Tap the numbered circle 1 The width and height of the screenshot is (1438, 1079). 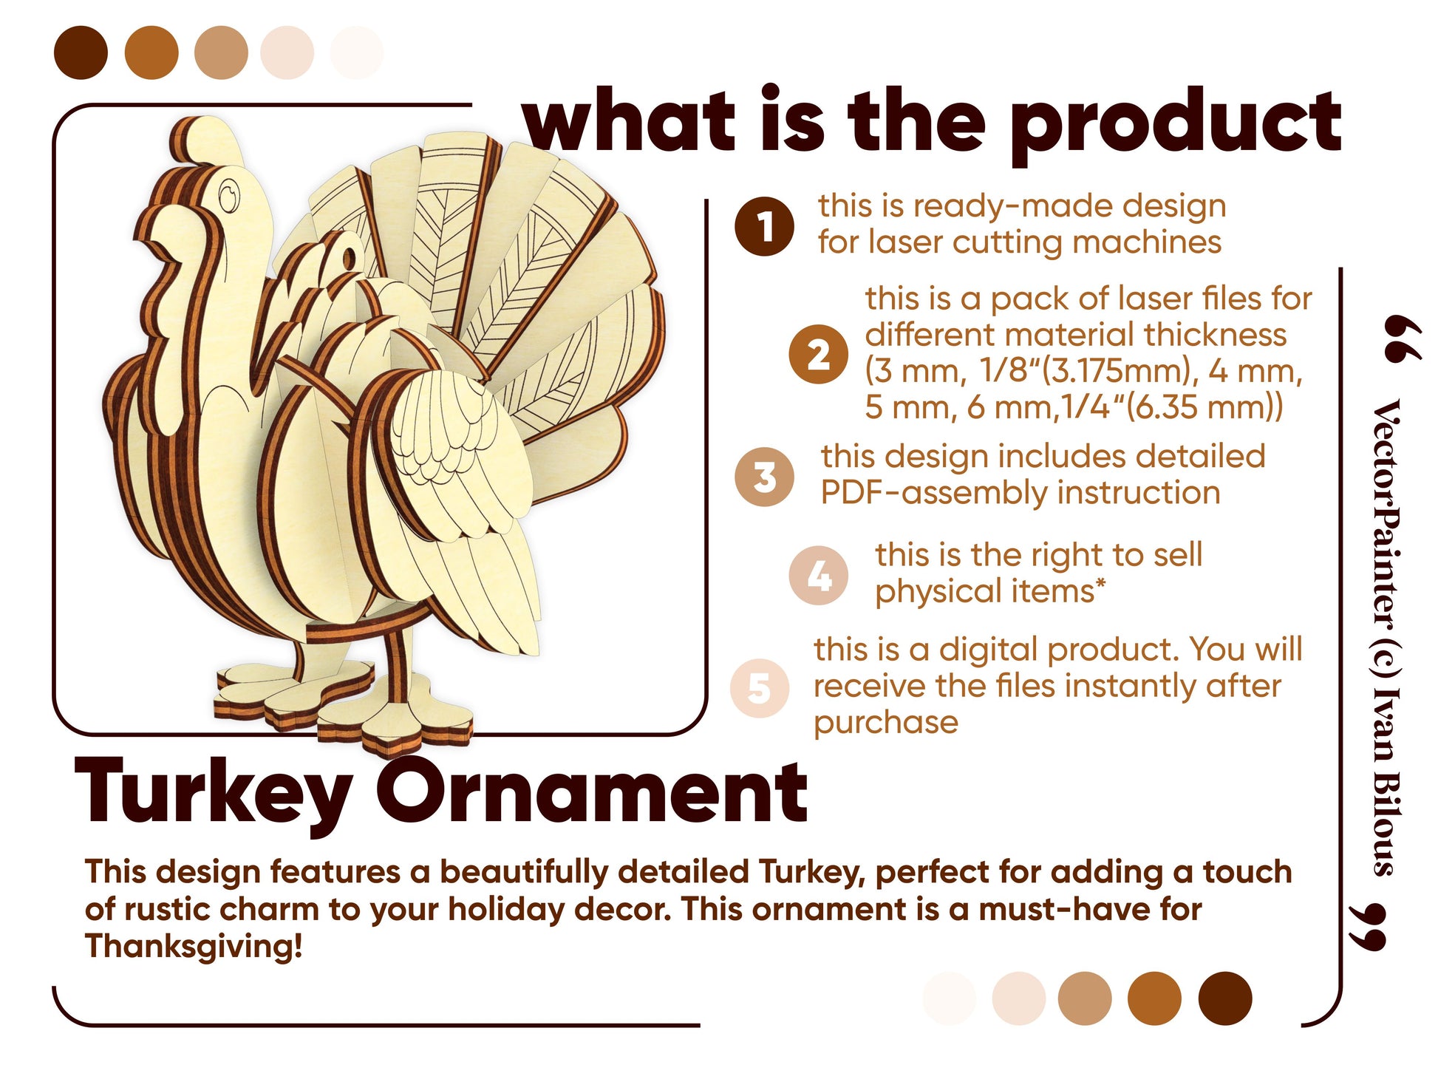(x=764, y=226)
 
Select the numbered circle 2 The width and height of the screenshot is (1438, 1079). (x=818, y=354)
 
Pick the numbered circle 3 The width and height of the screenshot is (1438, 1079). (x=765, y=477)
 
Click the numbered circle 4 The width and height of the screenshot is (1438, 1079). (x=818, y=576)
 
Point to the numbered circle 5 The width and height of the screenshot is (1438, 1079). (x=760, y=688)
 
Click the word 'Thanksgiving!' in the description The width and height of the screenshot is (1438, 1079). (x=194, y=945)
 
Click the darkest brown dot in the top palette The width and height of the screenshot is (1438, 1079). (x=81, y=52)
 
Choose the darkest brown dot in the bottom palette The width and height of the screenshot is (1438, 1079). (x=1225, y=998)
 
